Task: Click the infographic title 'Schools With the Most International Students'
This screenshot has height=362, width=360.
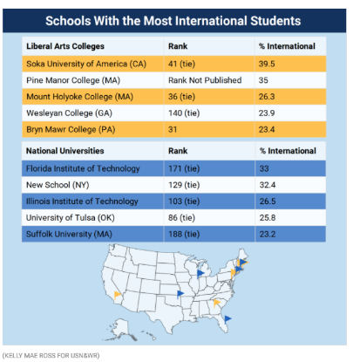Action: tap(173, 21)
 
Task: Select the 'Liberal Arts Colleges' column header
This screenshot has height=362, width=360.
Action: tap(65, 46)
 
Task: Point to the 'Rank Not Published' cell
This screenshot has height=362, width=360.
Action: tap(205, 80)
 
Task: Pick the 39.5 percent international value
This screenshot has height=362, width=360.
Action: tap(267, 64)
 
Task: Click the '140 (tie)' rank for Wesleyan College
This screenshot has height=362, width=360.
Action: tap(184, 113)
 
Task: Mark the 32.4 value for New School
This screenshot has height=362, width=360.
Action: tap(268, 185)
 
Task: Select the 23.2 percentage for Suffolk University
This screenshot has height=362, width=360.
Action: tap(268, 234)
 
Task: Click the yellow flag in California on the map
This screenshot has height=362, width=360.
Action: tap(118, 296)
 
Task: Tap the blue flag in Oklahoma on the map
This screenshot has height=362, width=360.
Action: tap(180, 294)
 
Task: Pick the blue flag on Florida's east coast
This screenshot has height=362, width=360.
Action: tap(228, 319)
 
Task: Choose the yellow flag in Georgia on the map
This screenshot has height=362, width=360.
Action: tap(217, 303)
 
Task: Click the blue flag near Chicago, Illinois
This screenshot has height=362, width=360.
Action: tap(200, 274)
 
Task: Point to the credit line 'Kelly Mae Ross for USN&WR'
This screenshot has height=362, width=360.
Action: tap(51, 356)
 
